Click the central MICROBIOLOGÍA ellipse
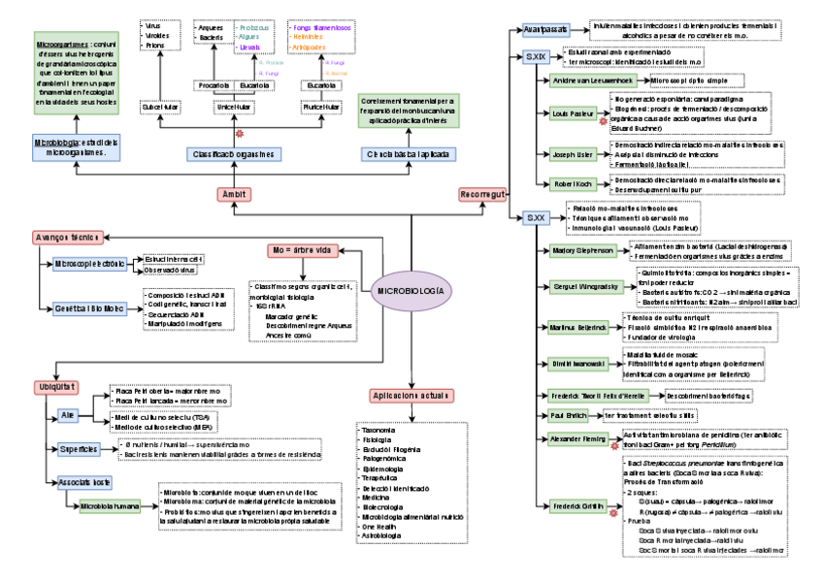(411, 290)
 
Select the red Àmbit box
(235, 195)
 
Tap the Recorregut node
(483, 195)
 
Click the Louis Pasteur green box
(573, 113)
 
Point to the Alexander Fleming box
(579, 439)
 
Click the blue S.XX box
(536, 217)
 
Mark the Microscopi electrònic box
(90, 264)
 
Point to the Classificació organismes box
(233, 153)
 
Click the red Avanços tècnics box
(67, 237)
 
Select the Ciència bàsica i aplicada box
(406, 153)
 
